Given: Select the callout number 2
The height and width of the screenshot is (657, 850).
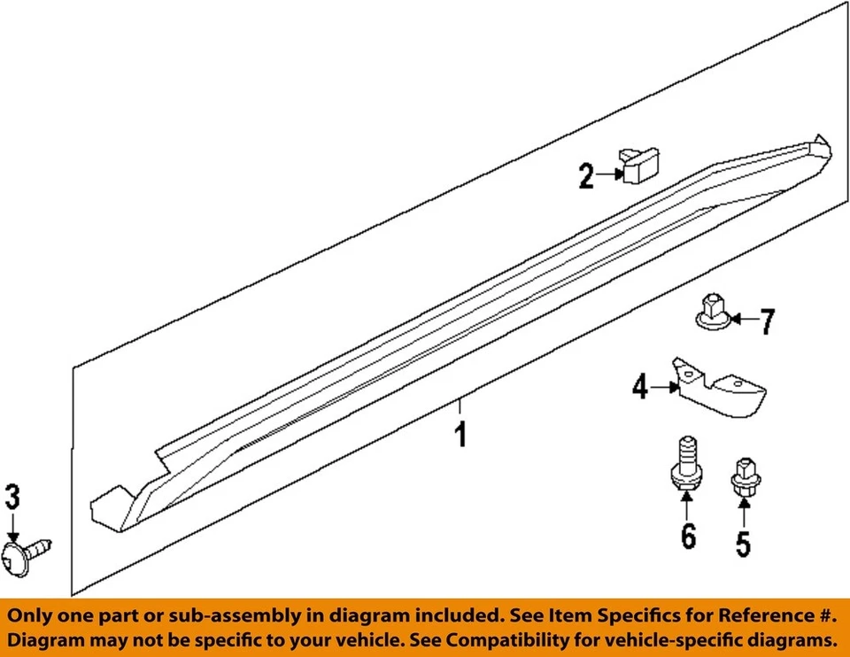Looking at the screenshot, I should [586, 176].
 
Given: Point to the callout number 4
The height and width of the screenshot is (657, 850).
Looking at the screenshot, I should [640, 387].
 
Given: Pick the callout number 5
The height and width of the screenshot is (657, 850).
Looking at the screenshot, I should [743, 541].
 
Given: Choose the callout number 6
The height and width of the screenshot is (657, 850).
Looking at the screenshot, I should [688, 535].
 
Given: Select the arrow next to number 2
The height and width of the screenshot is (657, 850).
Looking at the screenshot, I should [609, 175].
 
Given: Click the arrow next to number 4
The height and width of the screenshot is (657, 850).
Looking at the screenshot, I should [663, 387].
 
